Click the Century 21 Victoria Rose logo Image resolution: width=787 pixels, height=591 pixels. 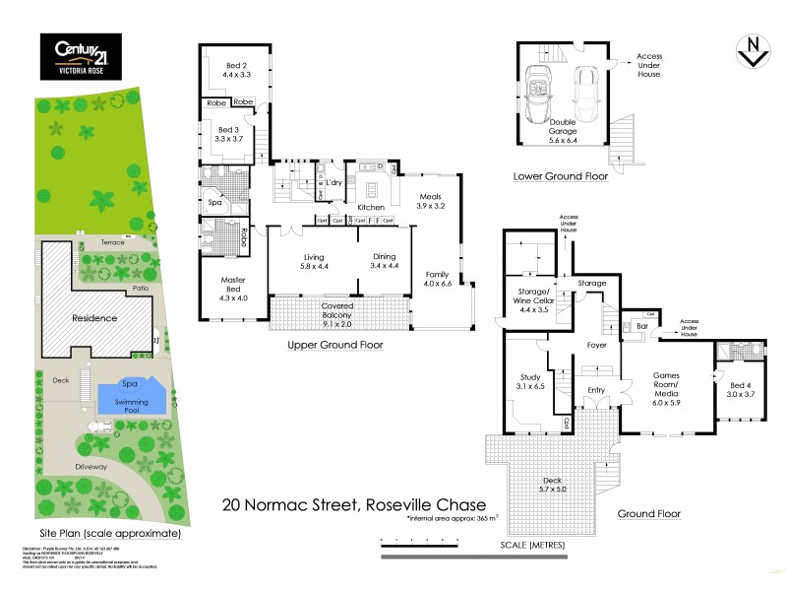point(80,56)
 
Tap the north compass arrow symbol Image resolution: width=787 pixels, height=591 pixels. point(753,52)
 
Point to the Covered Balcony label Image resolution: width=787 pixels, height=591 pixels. point(337,311)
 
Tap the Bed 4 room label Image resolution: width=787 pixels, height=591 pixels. point(739,387)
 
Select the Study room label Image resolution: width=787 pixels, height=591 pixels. point(530,381)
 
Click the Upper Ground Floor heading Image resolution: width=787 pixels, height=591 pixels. point(334,346)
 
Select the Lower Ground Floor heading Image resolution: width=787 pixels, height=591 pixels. point(560,177)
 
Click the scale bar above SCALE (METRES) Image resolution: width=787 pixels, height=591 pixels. point(512,540)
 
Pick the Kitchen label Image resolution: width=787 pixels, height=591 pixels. point(370,207)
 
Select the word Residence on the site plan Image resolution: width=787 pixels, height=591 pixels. point(94,318)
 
